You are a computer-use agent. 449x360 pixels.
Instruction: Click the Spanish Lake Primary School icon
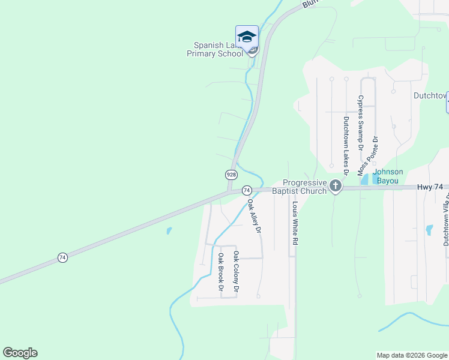(247, 36)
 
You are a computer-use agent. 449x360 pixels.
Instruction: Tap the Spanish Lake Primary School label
(218, 49)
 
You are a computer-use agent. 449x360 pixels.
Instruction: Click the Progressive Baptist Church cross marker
(336, 187)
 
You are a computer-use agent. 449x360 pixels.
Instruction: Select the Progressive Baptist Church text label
(305, 187)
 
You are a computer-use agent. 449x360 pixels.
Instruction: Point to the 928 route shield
(231, 174)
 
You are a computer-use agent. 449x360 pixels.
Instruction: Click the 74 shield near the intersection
(246, 190)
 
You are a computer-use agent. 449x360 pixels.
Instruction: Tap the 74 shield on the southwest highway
(62, 257)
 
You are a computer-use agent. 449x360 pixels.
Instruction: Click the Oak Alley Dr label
(255, 216)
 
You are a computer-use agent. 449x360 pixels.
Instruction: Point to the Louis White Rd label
(295, 223)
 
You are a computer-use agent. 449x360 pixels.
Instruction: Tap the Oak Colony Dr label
(236, 272)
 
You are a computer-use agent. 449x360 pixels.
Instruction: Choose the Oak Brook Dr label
(221, 274)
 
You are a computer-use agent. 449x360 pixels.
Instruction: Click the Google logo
(20, 353)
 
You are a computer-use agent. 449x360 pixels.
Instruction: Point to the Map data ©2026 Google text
(412, 355)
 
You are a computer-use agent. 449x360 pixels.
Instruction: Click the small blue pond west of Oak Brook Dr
(169, 230)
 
